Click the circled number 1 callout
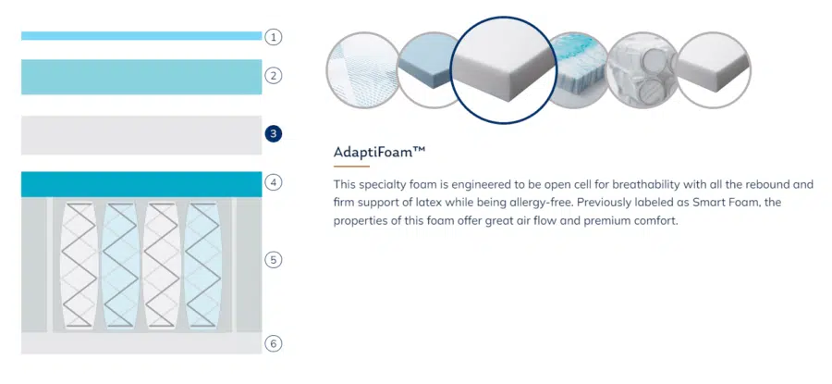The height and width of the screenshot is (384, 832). pos(274,37)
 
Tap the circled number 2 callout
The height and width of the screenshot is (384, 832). pos(274,76)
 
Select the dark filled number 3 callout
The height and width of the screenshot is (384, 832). pos(274,133)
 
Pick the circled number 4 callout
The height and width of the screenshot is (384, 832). pos(274,182)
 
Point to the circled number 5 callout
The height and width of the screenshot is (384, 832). pos(274,260)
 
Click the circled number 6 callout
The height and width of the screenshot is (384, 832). pos(274,343)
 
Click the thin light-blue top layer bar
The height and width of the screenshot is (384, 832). pos(141,35)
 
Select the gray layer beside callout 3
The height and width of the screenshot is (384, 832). pos(141,135)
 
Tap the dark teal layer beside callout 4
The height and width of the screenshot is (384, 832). pos(141,184)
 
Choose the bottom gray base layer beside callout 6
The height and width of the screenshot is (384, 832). pos(141,343)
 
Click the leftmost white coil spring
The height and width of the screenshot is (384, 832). pos(79,265)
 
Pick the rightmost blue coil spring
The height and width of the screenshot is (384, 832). pos(203,265)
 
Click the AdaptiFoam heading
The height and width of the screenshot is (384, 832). pos(379,153)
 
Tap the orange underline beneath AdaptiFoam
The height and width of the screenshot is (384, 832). pos(351,167)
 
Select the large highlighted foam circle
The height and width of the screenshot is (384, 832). pos(504,70)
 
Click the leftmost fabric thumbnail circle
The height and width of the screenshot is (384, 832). pos(362,70)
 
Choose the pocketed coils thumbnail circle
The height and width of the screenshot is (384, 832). pos(643,70)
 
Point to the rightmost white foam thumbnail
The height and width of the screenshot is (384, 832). pos(714,70)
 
